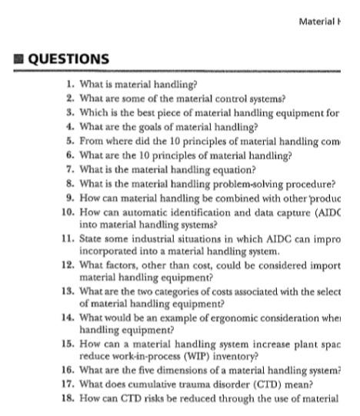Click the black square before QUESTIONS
pyautogui.click(x=7, y=59)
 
